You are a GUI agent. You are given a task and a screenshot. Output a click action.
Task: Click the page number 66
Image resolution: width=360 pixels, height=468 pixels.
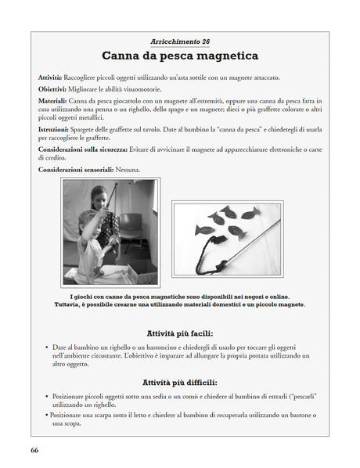(35, 450)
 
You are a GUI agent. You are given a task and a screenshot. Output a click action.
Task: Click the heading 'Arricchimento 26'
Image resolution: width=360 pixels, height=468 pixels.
(179, 41)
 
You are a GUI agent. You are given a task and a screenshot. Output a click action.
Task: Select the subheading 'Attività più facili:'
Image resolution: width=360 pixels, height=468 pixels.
(179, 333)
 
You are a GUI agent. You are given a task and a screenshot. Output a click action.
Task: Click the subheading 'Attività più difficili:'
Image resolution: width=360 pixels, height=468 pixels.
(179, 382)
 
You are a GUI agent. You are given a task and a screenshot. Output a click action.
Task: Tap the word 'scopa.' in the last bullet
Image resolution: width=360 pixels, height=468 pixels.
(64, 423)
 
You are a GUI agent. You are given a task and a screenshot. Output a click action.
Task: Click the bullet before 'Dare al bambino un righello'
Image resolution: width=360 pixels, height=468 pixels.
(45, 347)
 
